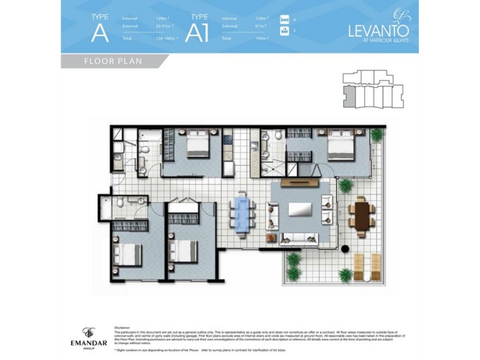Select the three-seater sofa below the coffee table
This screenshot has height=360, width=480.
click(x=300, y=236)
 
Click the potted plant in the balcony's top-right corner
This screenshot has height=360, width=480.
click(x=376, y=135)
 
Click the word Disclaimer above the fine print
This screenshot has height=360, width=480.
click(x=122, y=328)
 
